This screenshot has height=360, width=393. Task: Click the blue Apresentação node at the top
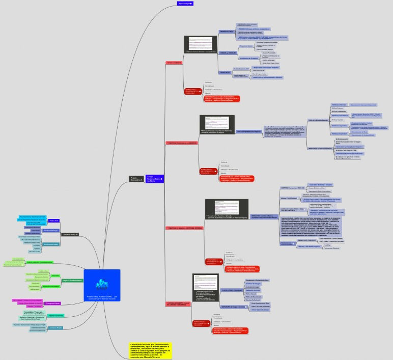tap(185, 3)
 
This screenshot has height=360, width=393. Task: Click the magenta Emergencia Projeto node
tap(52, 303)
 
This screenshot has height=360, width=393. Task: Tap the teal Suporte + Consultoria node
tap(55, 316)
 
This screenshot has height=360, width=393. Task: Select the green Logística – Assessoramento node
tap(72, 280)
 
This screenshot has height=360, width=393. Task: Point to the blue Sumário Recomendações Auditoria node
tap(154, 178)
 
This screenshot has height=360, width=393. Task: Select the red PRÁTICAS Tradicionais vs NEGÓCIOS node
tap(182, 144)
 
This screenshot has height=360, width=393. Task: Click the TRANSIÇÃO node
tap(226, 72)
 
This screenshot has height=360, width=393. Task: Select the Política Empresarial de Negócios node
tap(249, 131)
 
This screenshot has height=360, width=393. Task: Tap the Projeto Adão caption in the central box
tap(102, 297)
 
